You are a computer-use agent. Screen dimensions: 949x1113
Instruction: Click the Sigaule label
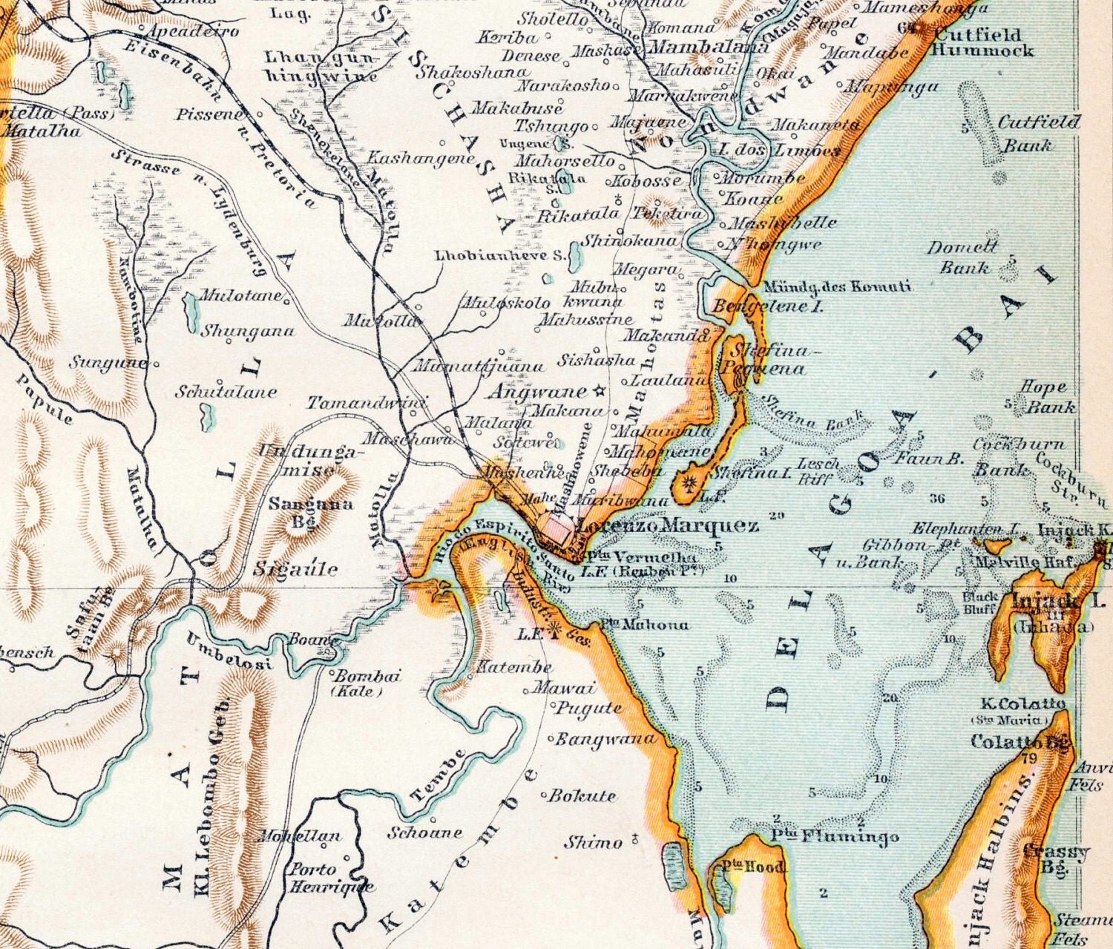295,569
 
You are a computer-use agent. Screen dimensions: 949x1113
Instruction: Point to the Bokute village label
582,796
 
